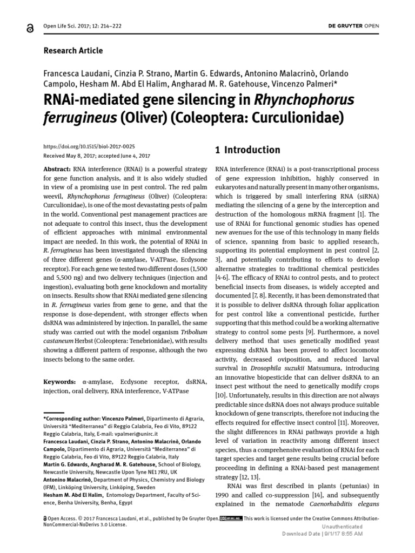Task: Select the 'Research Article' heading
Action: point(73,51)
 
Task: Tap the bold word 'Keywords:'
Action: point(59,382)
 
